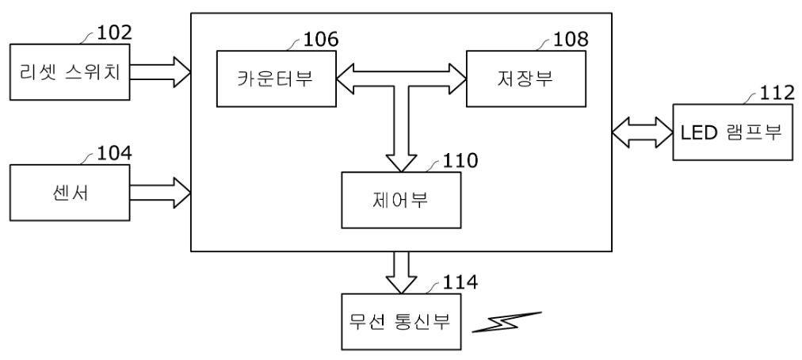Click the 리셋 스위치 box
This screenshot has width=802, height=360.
(x=70, y=71)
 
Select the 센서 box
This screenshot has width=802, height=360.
(x=70, y=193)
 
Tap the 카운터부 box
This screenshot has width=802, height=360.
(x=277, y=79)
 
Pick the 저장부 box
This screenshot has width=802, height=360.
(x=526, y=79)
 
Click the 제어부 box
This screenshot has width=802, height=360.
(x=401, y=200)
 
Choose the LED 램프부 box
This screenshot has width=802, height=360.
(x=732, y=132)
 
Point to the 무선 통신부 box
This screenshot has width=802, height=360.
(x=401, y=322)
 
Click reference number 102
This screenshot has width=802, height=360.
(x=115, y=33)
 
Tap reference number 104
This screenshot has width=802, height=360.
(x=115, y=153)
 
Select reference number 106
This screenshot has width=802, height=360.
(x=321, y=39)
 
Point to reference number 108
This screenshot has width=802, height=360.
(x=571, y=39)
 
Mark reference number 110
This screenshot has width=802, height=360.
(x=460, y=160)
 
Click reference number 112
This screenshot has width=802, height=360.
(x=777, y=93)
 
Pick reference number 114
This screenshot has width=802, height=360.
(x=460, y=282)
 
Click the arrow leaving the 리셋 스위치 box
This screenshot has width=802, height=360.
(x=161, y=71)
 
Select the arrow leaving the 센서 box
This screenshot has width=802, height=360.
(x=161, y=193)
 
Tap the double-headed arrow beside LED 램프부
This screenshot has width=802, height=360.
(x=643, y=132)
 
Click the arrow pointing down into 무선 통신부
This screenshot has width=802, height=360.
(x=401, y=273)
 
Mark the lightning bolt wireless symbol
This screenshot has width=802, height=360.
(x=506, y=322)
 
